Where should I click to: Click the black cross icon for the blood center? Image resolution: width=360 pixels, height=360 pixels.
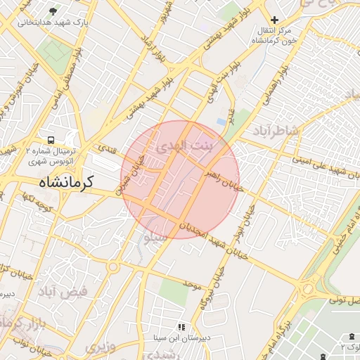click(x=274, y=20)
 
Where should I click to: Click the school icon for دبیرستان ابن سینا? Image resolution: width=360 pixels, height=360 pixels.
click(x=181, y=326)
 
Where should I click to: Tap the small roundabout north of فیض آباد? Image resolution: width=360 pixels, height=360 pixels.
click(x=112, y=266)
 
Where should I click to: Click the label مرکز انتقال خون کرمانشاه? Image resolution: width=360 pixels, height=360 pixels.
click(x=274, y=36)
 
